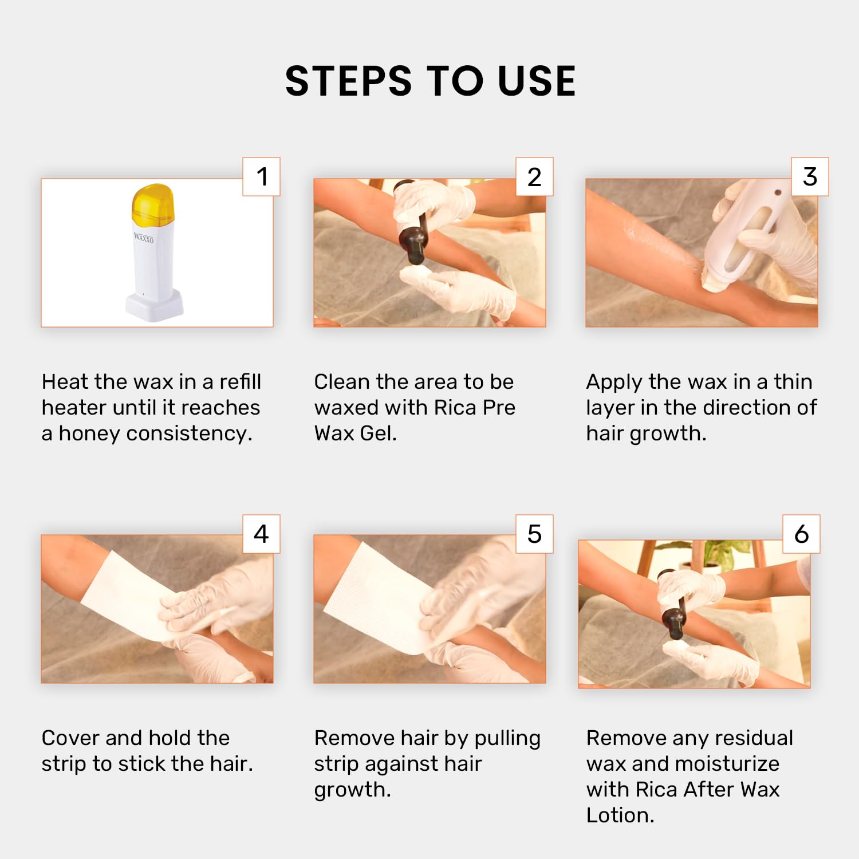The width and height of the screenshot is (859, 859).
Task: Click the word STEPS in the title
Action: (x=348, y=81)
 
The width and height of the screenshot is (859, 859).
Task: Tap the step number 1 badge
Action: (x=262, y=176)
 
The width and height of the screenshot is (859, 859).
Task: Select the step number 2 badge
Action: (x=534, y=176)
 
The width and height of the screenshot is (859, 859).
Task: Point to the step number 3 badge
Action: (x=810, y=176)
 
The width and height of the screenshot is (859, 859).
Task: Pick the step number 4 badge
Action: (x=262, y=534)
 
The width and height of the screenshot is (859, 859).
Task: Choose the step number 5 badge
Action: (x=534, y=534)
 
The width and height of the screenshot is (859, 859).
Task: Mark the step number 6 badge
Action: (x=802, y=534)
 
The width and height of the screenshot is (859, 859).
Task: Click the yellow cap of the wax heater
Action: (x=152, y=204)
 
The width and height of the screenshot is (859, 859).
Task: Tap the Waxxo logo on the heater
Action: (x=143, y=237)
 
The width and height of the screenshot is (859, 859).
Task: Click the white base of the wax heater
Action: (x=155, y=306)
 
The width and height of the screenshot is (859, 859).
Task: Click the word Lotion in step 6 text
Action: (x=620, y=815)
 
